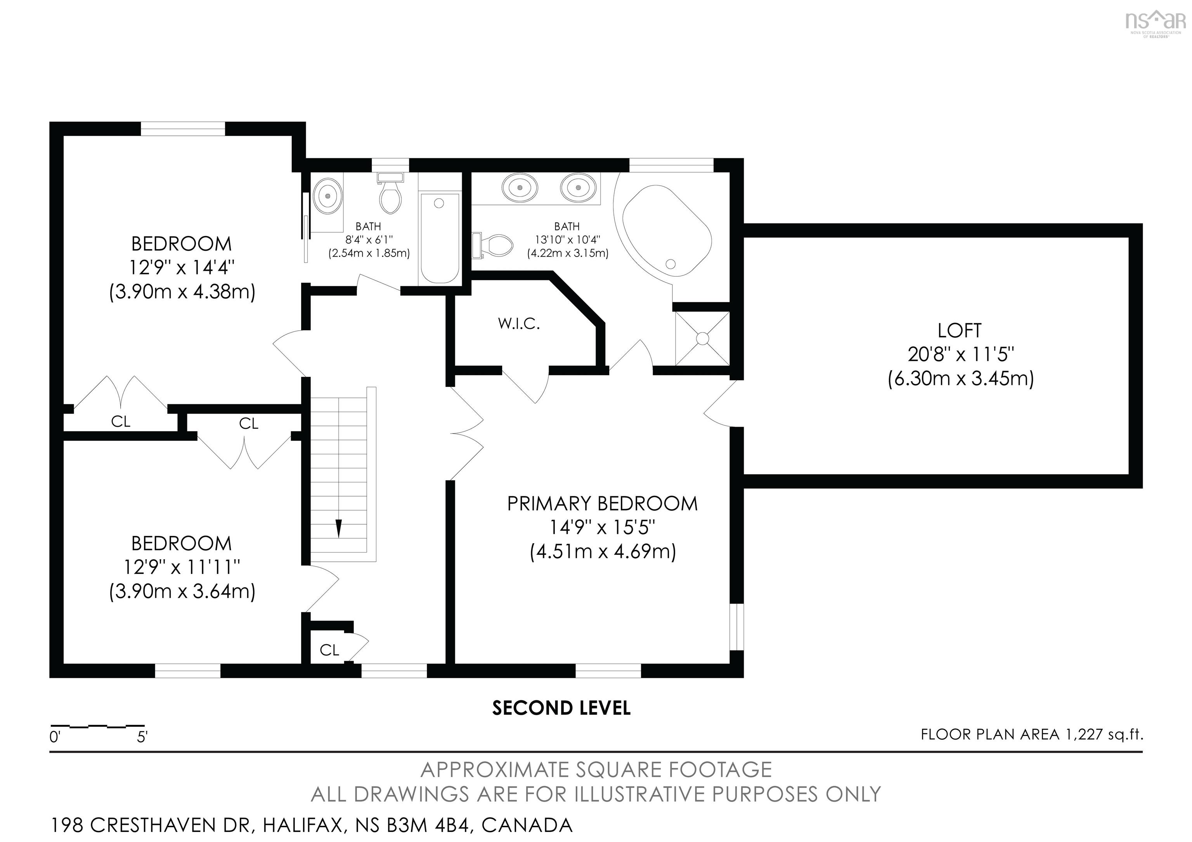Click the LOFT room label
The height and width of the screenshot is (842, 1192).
pos(960,330)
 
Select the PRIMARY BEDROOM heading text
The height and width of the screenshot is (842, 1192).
pos(602,504)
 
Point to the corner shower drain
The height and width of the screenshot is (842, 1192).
pos(702,338)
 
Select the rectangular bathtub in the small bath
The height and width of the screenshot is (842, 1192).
pos(439,238)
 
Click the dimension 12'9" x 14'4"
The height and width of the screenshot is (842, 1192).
pos(182,268)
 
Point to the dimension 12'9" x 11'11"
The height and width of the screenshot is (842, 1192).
pos(182,567)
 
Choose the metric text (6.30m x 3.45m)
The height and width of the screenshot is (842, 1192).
pos(960,378)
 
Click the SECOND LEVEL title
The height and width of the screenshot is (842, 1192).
pos(561,708)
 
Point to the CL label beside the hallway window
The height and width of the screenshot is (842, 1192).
pos(329,650)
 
